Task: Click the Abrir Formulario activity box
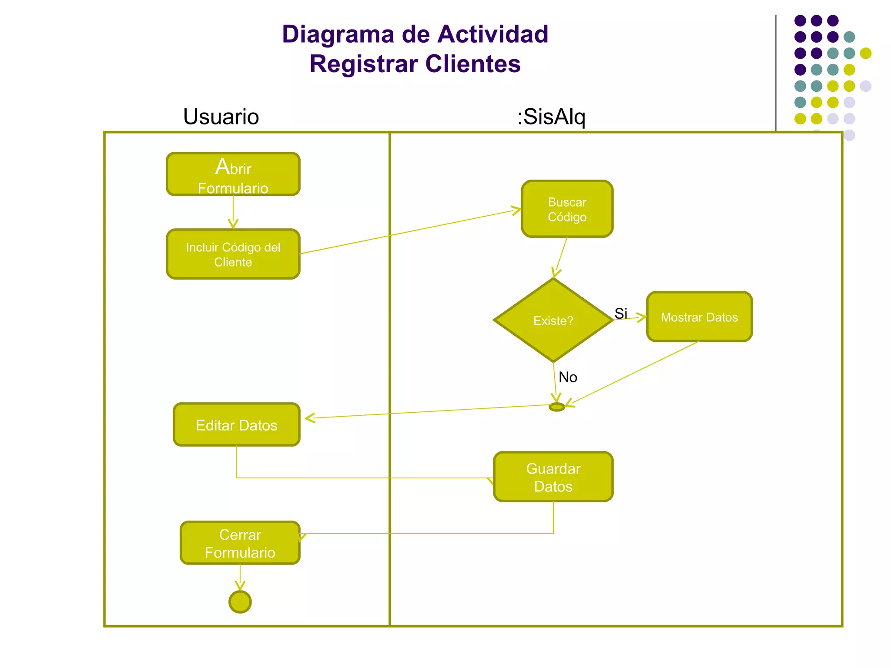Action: click(233, 174)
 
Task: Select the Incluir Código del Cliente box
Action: click(233, 254)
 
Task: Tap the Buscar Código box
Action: click(567, 209)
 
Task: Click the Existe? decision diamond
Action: click(553, 320)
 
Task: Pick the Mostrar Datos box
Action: click(699, 317)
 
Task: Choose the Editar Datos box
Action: click(237, 424)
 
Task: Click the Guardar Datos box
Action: click(553, 477)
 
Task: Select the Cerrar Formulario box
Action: click(240, 543)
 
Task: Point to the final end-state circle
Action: click(240, 602)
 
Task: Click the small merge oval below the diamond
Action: click(556, 407)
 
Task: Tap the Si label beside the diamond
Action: click(621, 313)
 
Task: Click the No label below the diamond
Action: click(568, 377)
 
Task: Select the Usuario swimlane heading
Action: click(221, 117)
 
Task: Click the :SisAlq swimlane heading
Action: click(551, 117)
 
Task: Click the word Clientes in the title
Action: click(472, 64)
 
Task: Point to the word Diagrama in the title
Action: click(338, 34)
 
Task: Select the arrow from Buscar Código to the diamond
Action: click(561, 256)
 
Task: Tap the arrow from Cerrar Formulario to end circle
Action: click(240, 577)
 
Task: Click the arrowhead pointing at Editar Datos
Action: click(310, 418)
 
